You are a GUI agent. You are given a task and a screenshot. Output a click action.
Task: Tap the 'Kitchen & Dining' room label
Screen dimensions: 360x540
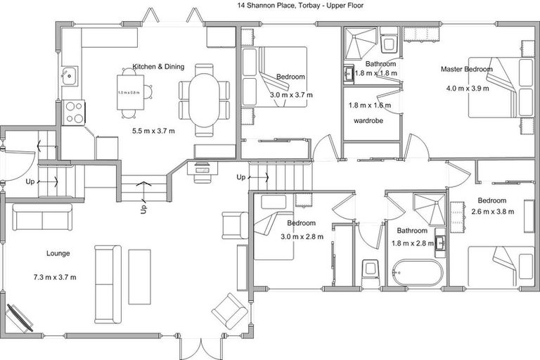pyautogui.click(x=158, y=67)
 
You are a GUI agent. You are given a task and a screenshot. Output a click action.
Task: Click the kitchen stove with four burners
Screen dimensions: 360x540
pyautogui.click(x=74, y=112)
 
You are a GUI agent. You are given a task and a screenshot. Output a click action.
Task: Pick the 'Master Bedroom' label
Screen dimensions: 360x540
pyautogui.click(x=466, y=69)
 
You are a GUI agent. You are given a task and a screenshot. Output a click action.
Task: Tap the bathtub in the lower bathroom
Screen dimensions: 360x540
pyautogui.click(x=417, y=273)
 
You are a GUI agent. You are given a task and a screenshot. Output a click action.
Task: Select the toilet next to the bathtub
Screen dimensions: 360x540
pyautogui.click(x=371, y=271)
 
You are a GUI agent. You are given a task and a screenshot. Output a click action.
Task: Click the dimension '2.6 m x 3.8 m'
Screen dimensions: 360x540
pyautogui.click(x=491, y=212)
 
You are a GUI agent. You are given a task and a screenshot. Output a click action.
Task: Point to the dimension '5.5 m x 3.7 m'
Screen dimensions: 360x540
pyautogui.click(x=153, y=131)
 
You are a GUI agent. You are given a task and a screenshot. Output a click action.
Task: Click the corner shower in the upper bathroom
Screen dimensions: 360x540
pyautogui.click(x=359, y=43)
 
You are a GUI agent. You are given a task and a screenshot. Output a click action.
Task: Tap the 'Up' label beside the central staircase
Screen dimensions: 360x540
pyautogui.click(x=241, y=176)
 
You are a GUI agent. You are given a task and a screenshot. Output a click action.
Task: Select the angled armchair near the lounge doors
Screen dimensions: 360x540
pyautogui.click(x=229, y=309)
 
